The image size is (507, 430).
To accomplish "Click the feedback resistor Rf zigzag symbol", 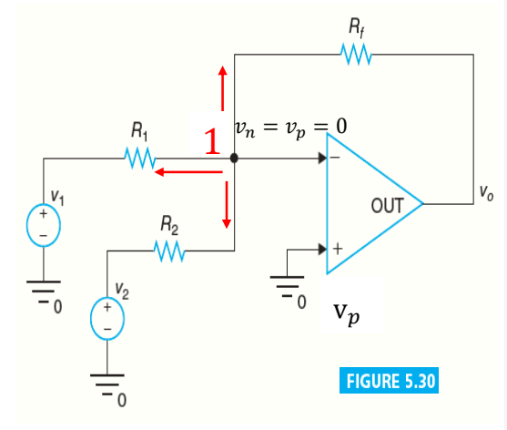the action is pyautogui.click(x=356, y=55).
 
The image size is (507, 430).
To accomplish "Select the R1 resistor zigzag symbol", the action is pyautogui.click(x=140, y=159).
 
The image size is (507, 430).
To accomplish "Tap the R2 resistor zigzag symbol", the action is pyautogui.click(x=169, y=251).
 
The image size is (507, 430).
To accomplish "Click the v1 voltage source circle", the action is pyautogui.click(x=44, y=225).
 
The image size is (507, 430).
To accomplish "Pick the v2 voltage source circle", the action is pyautogui.click(x=107, y=318).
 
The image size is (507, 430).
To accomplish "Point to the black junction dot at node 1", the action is pyautogui.click(x=234, y=159).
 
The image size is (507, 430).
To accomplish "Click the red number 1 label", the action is pyautogui.click(x=212, y=141).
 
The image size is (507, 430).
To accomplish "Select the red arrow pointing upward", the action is pyautogui.click(x=222, y=88).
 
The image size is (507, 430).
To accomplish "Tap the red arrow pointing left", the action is pyautogui.click(x=188, y=172).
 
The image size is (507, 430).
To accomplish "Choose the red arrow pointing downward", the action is pyautogui.click(x=227, y=205).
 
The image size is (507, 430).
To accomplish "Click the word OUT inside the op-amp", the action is pyautogui.click(x=388, y=206).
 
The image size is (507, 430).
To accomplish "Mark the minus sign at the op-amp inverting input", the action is pyautogui.click(x=335, y=158).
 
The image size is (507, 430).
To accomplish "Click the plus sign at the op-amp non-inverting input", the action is pyautogui.click(x=338, y=249).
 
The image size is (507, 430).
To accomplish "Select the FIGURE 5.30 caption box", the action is pyautogui.click(x=389, y=381).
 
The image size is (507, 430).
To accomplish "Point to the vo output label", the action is pyautogui.click(x=487, y=193).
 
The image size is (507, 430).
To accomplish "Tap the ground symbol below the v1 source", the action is pyautogui.click(x=44, y=292).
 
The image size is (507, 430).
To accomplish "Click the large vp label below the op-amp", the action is pyautogui.click(x=347, y=314).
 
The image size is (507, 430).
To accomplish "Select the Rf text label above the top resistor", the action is pyautogui.click(x=357, y=28).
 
